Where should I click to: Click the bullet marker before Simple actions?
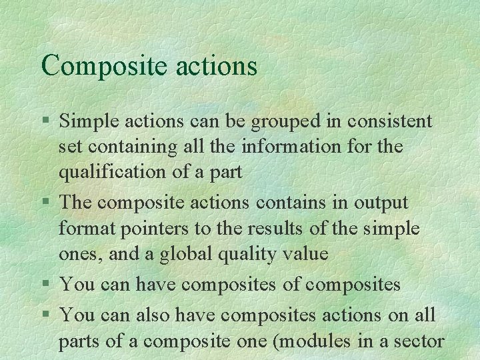click(x=44, y=121)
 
